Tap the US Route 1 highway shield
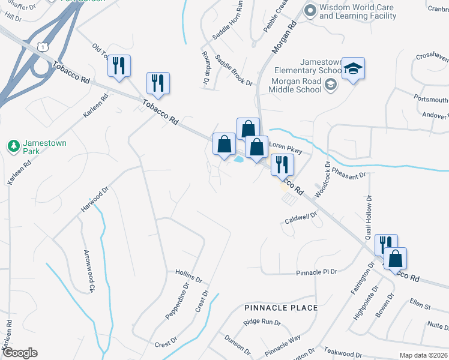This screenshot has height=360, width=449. pos(41,47)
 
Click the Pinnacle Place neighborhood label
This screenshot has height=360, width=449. pos(281,308)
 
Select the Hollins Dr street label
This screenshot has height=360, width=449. pos(189,276)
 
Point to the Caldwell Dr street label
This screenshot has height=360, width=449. pos(300,219)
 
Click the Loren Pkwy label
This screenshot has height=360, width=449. pos(284,145)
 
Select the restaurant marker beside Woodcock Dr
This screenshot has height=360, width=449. pos(282,164)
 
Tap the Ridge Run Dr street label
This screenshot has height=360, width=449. pos(262,323)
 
